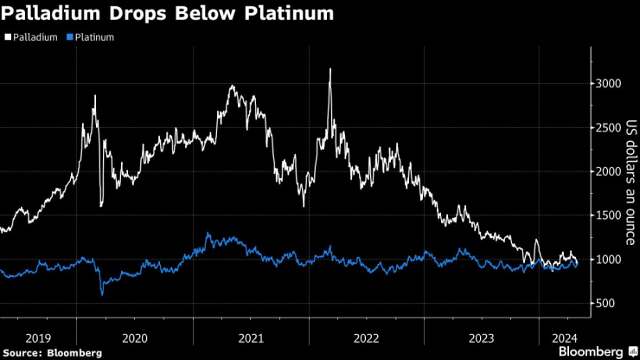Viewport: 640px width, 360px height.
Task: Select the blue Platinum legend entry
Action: point(93,37)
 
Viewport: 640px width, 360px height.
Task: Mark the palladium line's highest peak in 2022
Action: point(330,69)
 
